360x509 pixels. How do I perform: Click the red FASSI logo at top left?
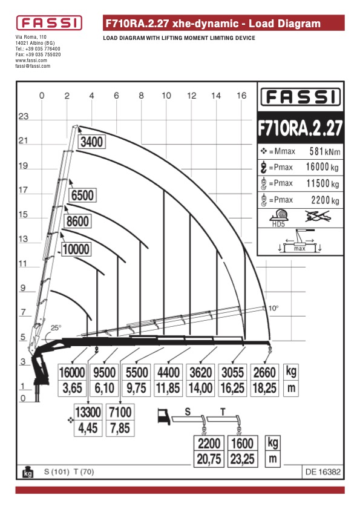(49, 23)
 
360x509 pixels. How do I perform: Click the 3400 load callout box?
(91, 142)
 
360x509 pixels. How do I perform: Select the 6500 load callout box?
(82, 195)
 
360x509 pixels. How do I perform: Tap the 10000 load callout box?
(76, 249)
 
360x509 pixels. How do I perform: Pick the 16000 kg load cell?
(72, 372)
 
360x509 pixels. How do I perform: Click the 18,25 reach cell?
(264, 388)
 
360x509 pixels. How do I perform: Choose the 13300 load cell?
(88, 412)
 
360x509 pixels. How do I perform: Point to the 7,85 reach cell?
(120, 428)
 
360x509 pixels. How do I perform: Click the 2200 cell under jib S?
(209, 443)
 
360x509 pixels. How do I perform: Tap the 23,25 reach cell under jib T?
(243, 459)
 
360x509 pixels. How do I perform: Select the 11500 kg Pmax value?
(322, 183)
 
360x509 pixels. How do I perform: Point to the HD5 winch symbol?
(279, 217)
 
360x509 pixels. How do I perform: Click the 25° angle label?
(56, 328)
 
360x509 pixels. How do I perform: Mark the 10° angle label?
(273, 308)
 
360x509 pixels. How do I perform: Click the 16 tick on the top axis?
(241, 96)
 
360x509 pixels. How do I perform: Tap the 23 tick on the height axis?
(24, 116)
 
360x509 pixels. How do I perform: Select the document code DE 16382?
(323, 471)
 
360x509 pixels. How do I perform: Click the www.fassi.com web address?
(31, 61)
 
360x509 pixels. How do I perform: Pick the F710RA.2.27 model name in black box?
(300, 128)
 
